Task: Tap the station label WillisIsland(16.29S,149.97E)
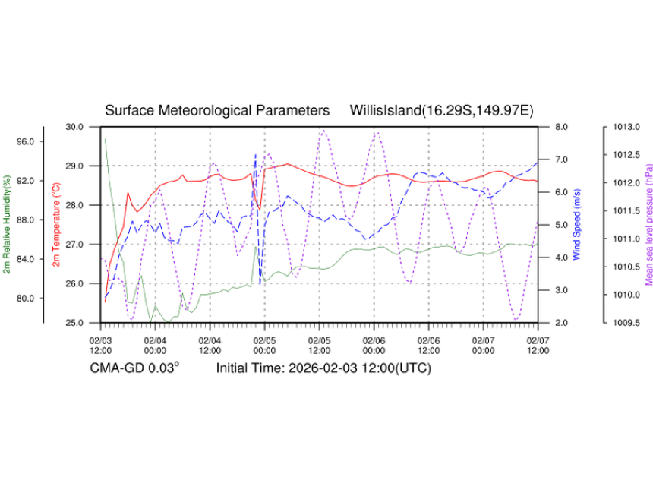pos(442,111)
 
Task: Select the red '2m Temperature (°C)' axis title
pos(55,224)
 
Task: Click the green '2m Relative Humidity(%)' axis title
pos(8,224)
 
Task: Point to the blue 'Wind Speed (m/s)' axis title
pos(578,224)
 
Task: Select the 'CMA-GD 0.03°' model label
pos(135,368)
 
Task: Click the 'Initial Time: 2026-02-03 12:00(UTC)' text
pos(323,368)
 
